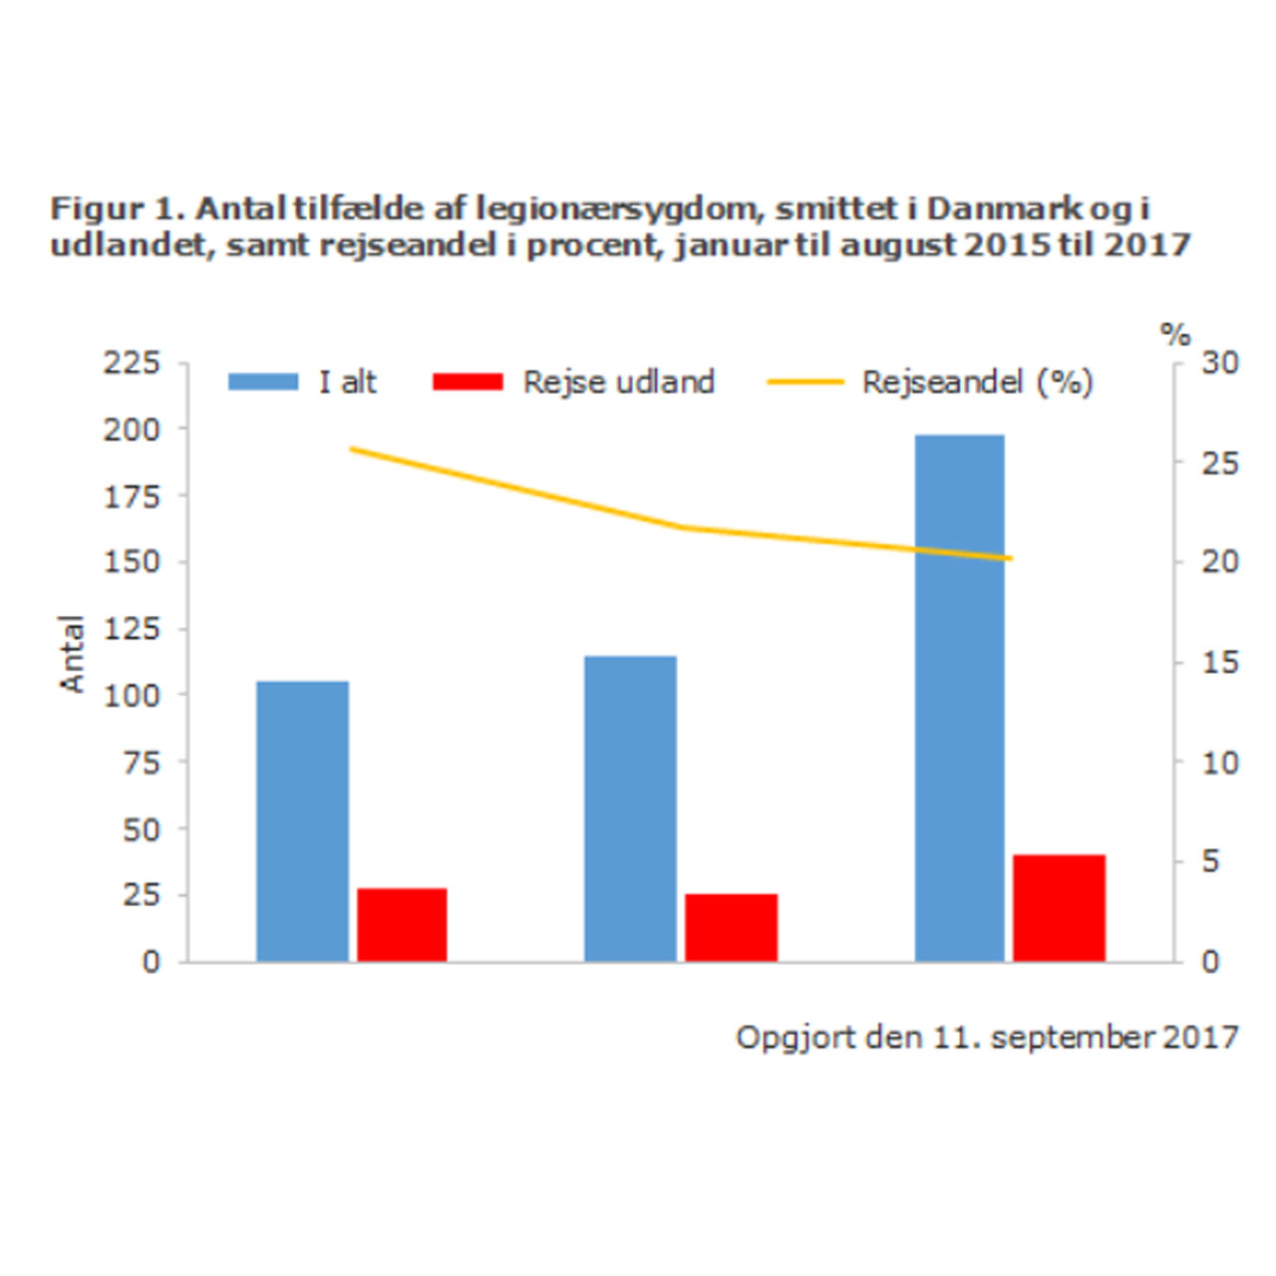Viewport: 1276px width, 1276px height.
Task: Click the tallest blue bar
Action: [959, 698]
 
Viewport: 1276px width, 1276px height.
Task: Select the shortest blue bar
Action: [302, 821]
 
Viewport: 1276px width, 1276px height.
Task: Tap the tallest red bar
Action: [1059, 908]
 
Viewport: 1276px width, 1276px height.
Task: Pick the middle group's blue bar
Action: [630, 808]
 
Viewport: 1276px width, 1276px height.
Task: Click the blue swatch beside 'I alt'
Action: [263, 382]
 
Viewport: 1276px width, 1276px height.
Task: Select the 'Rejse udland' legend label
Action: [618, 382]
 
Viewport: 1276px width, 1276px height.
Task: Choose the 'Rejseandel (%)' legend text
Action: [977, 382]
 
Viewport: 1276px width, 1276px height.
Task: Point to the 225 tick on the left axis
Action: [132, 362]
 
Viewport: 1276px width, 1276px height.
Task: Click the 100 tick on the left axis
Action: [132, 695]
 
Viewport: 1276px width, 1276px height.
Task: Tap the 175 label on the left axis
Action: [132, 495]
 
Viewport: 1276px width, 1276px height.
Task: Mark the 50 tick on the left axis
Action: [141, 828]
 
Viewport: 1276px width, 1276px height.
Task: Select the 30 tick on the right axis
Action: [1219, 362]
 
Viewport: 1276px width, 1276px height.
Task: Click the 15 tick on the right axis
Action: [1219, 662]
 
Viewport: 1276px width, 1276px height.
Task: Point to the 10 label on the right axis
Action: [1219, 763]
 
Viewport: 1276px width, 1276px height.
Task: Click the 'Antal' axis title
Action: [73, 653]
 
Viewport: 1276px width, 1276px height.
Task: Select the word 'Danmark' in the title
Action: [1004, 208]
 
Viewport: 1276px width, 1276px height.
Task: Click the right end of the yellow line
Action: [1010, 558]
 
